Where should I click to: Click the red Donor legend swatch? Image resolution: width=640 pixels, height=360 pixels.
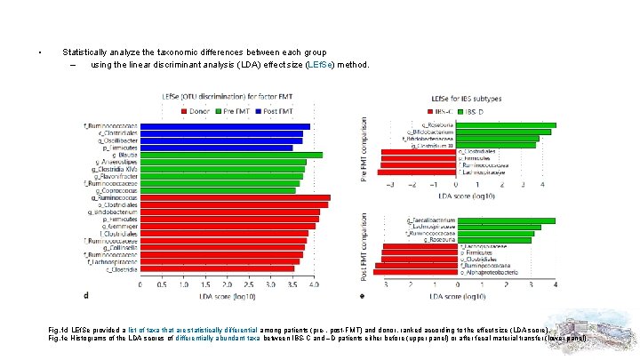point(182,111)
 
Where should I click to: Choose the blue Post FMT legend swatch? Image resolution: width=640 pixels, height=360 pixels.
point(260,111)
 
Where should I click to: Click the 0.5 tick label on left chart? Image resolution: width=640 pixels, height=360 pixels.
point(161,285)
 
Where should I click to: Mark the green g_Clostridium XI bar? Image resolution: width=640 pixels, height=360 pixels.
point(498,145)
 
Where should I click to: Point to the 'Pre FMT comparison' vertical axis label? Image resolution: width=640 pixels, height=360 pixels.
point(364,150)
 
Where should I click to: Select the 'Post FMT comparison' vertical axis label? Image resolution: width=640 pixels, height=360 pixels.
point(364,244)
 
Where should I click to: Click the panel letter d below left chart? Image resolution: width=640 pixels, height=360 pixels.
point(85,295)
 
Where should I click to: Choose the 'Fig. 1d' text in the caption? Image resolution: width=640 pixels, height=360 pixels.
point(58,330)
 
